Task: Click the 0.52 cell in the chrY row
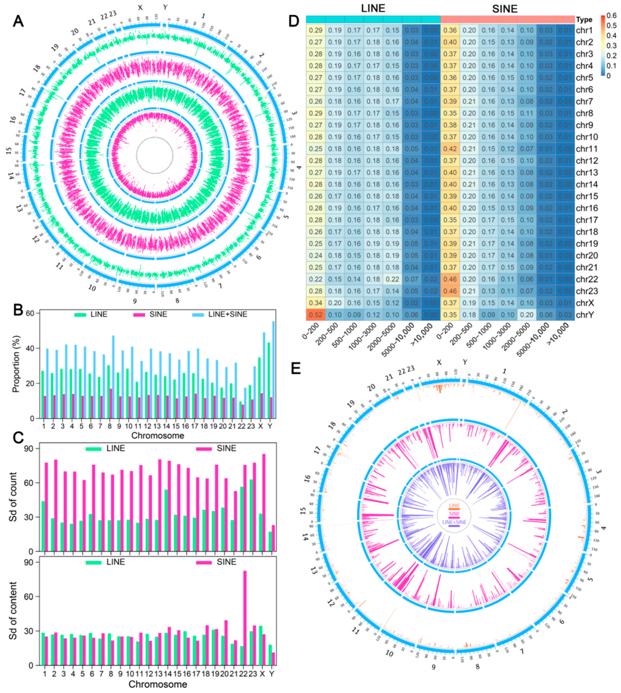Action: click(x=316, y=314)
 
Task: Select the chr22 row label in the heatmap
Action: click(x=587, y=279)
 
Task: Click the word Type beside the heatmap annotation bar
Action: click(x=584, y=19)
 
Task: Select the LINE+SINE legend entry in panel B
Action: click(x=228, y=314)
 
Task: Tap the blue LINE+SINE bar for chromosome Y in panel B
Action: click(x=273, y=370)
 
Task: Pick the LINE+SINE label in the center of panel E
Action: click(x=454, y=522)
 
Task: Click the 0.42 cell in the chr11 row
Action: click(x=450, y=149)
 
